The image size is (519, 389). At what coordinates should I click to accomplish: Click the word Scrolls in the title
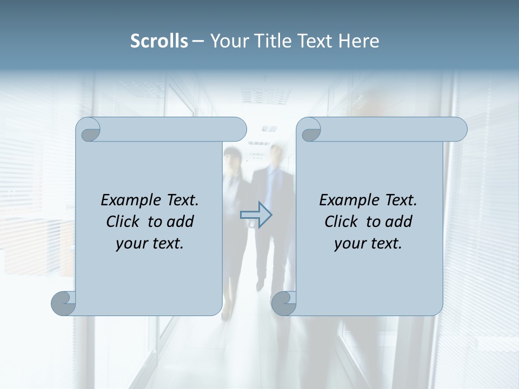tap(159, 41)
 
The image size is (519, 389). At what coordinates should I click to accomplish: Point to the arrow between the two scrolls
tap(256, 215)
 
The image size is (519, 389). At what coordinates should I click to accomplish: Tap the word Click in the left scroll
tap(123, 222)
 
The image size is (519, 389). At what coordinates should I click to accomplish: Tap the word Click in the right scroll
tap(341, 222)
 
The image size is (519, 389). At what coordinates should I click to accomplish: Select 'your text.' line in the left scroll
tap(150, 243)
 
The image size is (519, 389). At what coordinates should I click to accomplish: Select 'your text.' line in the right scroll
tap(368, 243)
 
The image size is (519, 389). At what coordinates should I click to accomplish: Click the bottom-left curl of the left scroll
tap(63, 303)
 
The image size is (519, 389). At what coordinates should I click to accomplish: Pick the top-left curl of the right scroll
tap(309, 130)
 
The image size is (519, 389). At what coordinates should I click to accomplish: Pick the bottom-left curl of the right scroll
tap(283, 303)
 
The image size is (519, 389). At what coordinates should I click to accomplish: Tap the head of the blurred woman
tap(232, 158)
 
